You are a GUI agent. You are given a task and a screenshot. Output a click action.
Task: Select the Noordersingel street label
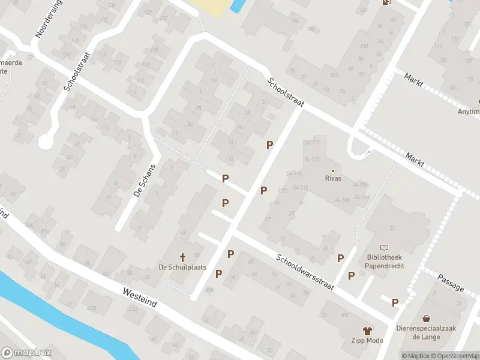[48, 19]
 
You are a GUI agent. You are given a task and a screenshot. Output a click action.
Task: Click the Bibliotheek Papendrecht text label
[385, 262]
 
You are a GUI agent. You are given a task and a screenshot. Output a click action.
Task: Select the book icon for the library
[385, 247]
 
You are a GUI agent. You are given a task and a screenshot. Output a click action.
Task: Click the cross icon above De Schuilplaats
[184, 257]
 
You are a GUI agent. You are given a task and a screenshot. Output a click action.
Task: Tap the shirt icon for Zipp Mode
[367, 330]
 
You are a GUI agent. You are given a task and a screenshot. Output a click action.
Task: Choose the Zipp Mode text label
[367, 341]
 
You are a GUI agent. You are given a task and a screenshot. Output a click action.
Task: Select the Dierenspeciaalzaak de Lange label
[426, 332]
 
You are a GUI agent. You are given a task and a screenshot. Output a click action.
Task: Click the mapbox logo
[26, 353]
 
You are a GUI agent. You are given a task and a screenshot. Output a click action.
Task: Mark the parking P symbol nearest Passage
[395, 303]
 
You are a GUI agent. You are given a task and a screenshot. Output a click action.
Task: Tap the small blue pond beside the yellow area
[237, 6]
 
